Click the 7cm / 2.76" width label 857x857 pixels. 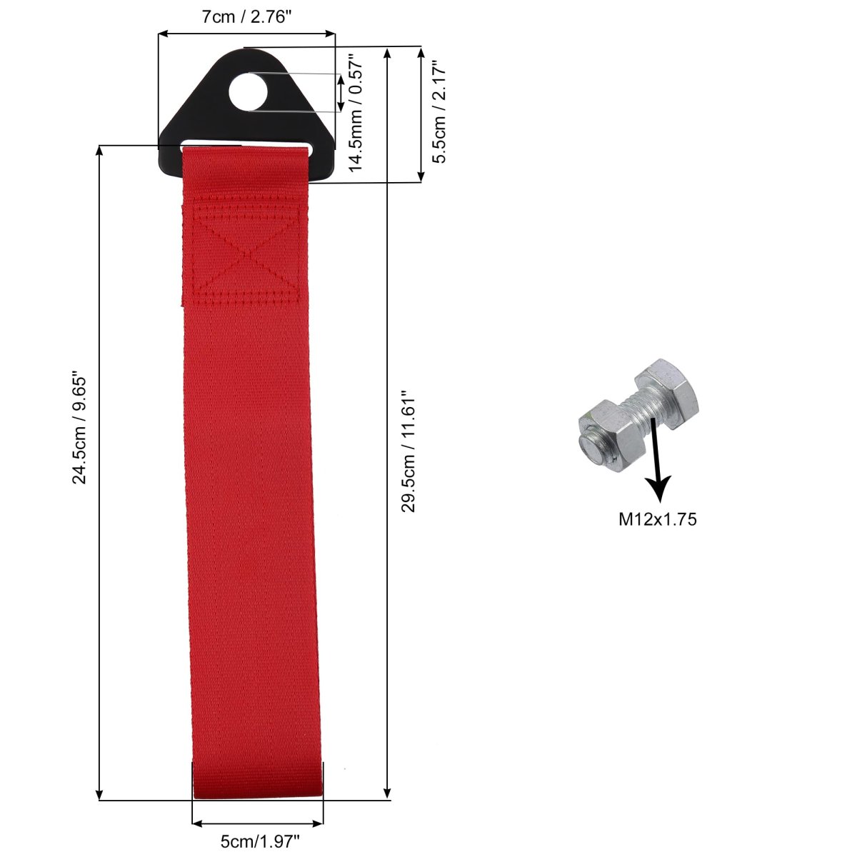[247, 17]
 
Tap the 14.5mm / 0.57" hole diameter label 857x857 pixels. [356, 113]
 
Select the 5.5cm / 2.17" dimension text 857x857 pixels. [440, 112]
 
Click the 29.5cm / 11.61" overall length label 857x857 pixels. [409, 452]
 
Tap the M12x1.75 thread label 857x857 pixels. [657, 519]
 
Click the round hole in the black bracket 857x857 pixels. [248, 92]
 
